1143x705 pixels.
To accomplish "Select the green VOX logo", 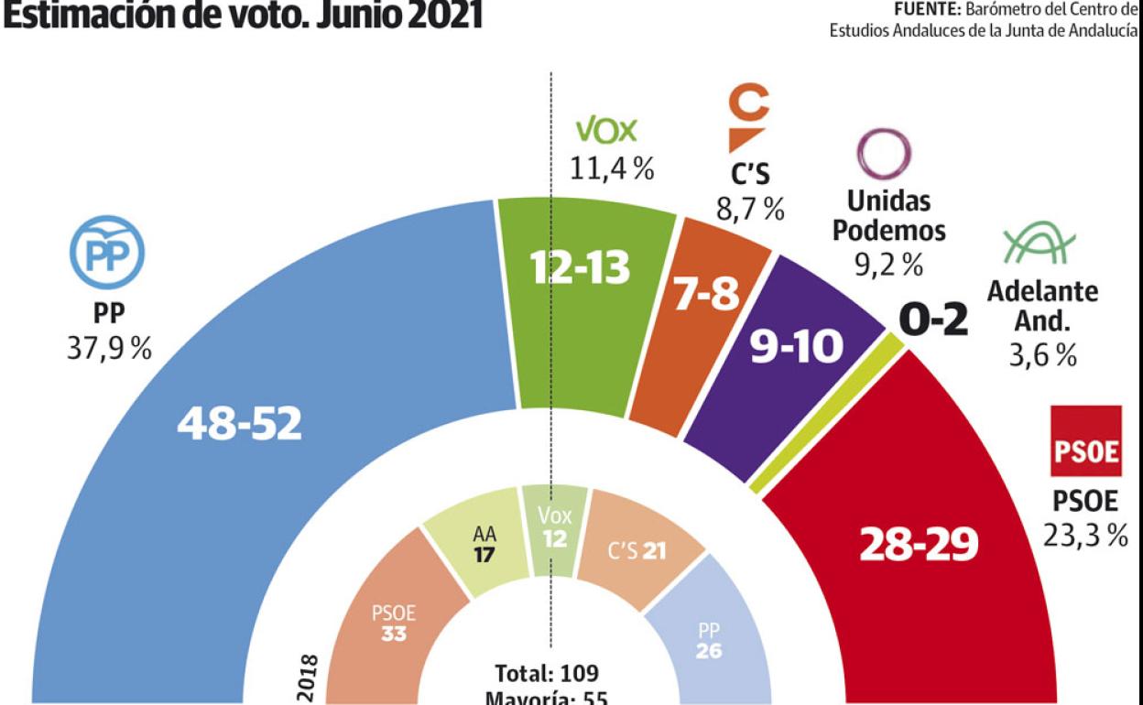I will click(604, 131).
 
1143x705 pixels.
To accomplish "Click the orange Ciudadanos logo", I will click(749, 119).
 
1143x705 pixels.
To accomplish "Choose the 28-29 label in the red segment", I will click(919, 543).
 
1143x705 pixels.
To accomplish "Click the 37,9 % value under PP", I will click(109, 351).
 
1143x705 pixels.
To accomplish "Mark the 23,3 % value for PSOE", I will click(1086, 536).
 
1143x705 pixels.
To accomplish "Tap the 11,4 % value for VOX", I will click(612, 169).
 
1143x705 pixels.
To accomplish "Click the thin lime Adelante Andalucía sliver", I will click(829, 412).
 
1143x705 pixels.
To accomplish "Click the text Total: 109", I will click(547, 675).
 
